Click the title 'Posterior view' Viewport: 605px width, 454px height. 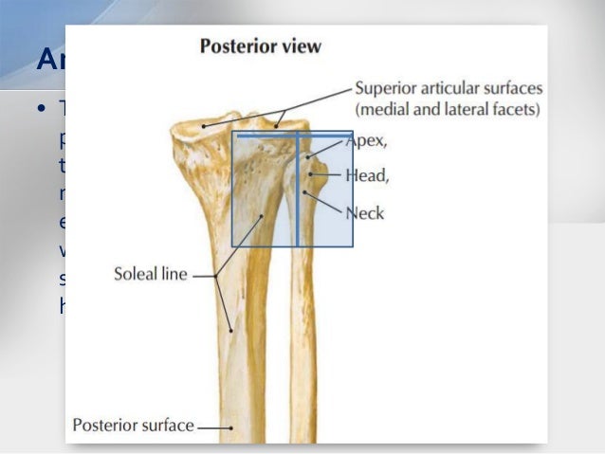tap(260, 46)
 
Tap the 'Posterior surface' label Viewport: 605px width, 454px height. tap(133, 426)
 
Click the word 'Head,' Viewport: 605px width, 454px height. tap(367, 175)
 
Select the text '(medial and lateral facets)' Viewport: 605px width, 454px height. tap(448, 109)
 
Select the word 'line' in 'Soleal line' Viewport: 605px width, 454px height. tap(175, 276)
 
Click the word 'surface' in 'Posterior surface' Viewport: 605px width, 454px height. tap(168, 426)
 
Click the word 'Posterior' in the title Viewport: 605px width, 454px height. tap(237, 46)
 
